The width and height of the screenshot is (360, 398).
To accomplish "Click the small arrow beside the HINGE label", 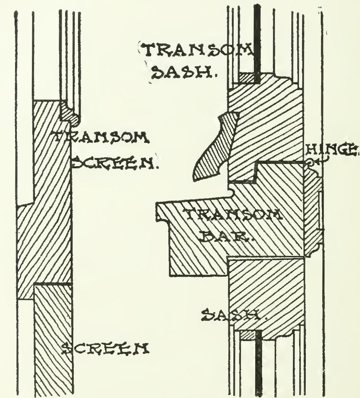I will click(319, 163).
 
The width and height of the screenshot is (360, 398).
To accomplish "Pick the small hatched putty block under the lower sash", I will click(247, 335).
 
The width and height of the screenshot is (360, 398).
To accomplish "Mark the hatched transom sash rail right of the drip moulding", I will click(265, 118).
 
